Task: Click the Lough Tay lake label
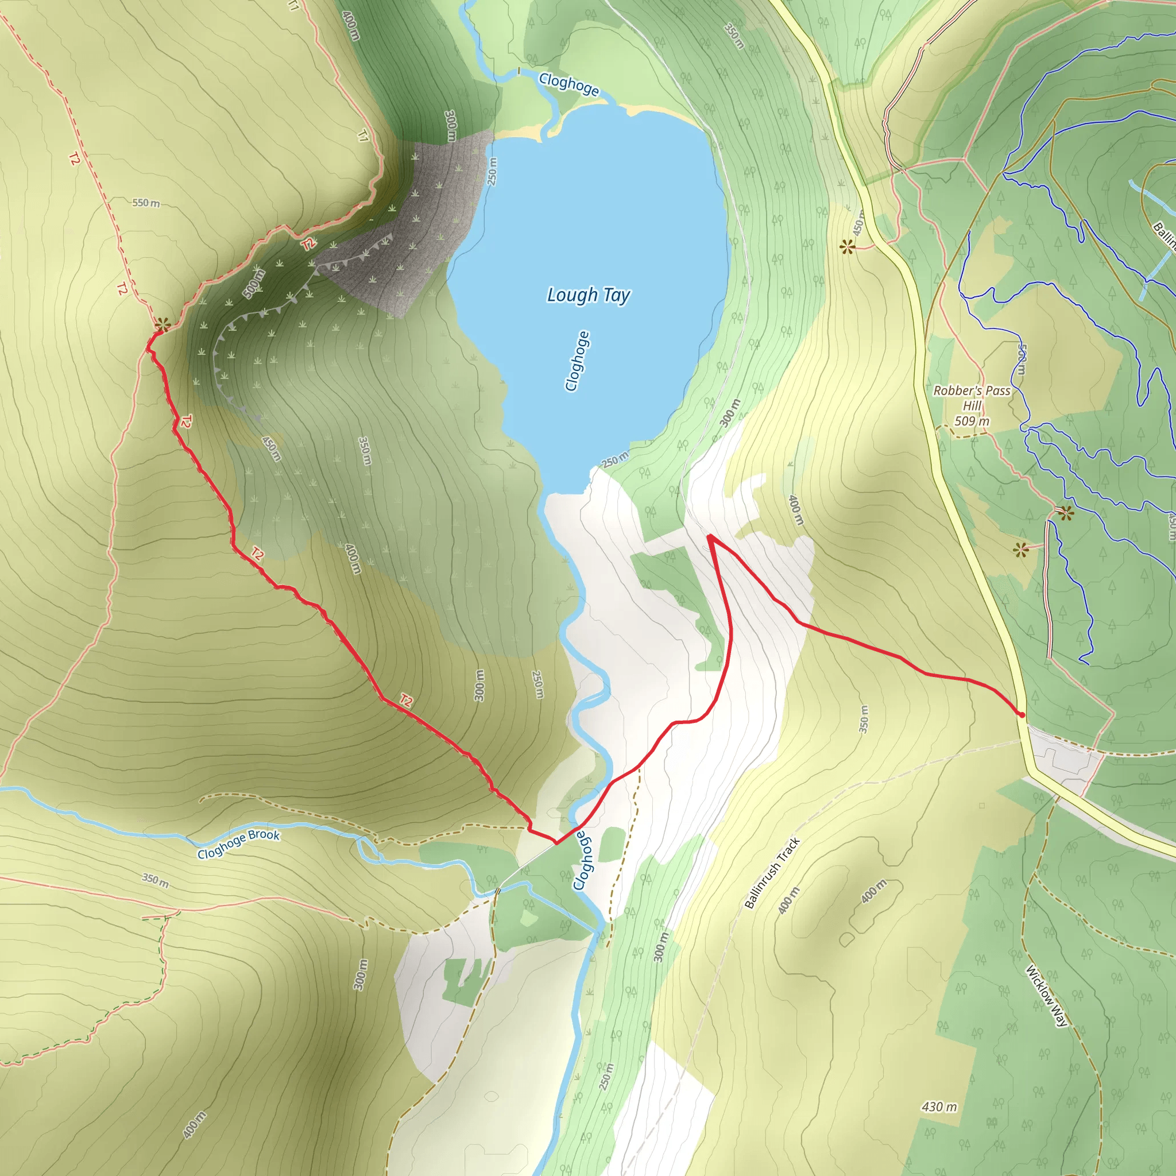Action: tap(588, 295)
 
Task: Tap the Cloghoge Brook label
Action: tap(239, 844)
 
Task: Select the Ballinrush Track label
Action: tap(772, 873)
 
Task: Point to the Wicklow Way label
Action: tap(1046, 995)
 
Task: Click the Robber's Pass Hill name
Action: tap(972, 397)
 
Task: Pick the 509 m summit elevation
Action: tap(972, 421)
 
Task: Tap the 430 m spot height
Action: tap(939, 1107)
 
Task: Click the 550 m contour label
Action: tap(146, 203)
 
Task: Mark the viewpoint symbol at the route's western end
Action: tap(161, 324)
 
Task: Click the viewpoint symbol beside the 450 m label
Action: tap(847, 247)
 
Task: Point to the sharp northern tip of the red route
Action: tap(710, 536)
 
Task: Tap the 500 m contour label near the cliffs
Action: tap(254, 284)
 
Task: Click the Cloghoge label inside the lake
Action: tap(577, 361)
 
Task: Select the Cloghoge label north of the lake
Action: tap(568, 84)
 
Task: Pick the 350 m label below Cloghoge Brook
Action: tap(156, 880)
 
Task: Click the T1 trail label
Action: tap(363, 136)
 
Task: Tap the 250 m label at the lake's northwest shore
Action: tap(492, 171)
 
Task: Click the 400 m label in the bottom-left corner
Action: tap(194, 1125)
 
